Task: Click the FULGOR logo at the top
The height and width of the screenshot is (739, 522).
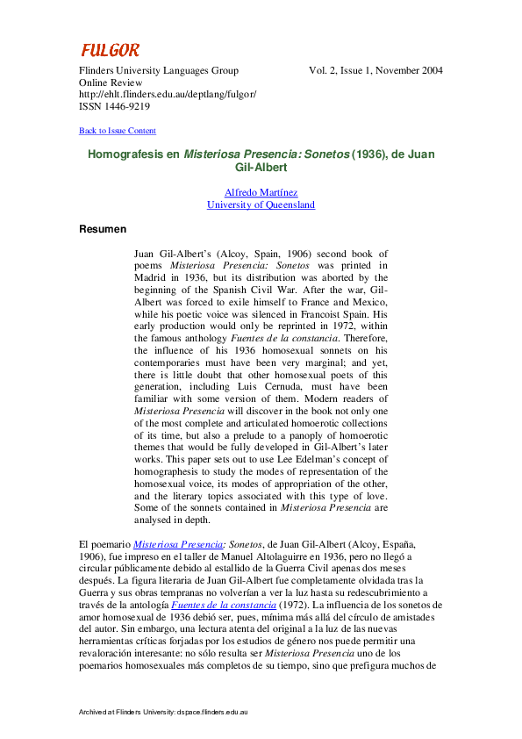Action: pyautogui.click(x=110, y=51)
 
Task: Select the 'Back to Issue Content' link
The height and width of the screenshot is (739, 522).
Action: pyautogui.click(x=118, y=131)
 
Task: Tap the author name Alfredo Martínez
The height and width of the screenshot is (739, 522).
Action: pyautogui.click(x=261, y=192)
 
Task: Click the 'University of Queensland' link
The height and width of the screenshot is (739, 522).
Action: pyautogui.click(x=261, y=204)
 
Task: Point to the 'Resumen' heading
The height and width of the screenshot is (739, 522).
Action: pyautogui.click(x=103, y=229)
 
